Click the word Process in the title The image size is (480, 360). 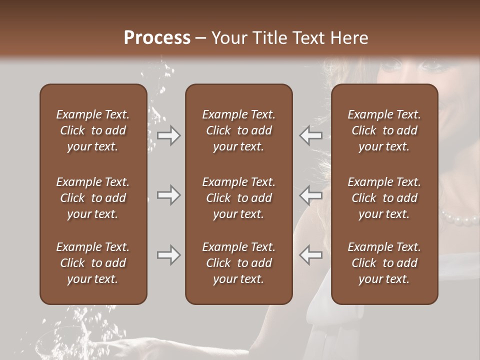click(x=157, y=38)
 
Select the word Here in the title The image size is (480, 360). click(x=348, y=38)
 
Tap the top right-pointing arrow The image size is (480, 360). click(x=168, y=135)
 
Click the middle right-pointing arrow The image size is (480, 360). click(x=168, y=195)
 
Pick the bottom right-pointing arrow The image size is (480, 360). click(x=168, y=255)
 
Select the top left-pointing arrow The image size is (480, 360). click(x=310, y=135)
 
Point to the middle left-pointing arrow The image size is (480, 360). click(x=310, y=195)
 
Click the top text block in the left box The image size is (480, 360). click(x=93, y=130)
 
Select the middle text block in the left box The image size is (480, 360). click(x=93, y=198)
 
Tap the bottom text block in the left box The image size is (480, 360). click(x=93, y=263)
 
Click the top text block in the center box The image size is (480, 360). click(x=238, y=130)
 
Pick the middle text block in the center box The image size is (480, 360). click(x=238, y=198)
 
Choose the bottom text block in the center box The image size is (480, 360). click(x=238, y=263)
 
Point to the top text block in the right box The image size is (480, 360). click(x=384, y=130)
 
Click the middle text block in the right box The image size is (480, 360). click(x=384, y=198)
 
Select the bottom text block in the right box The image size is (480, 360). click(x=384, y=263)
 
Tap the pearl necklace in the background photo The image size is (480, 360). click(x=460, y=218)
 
